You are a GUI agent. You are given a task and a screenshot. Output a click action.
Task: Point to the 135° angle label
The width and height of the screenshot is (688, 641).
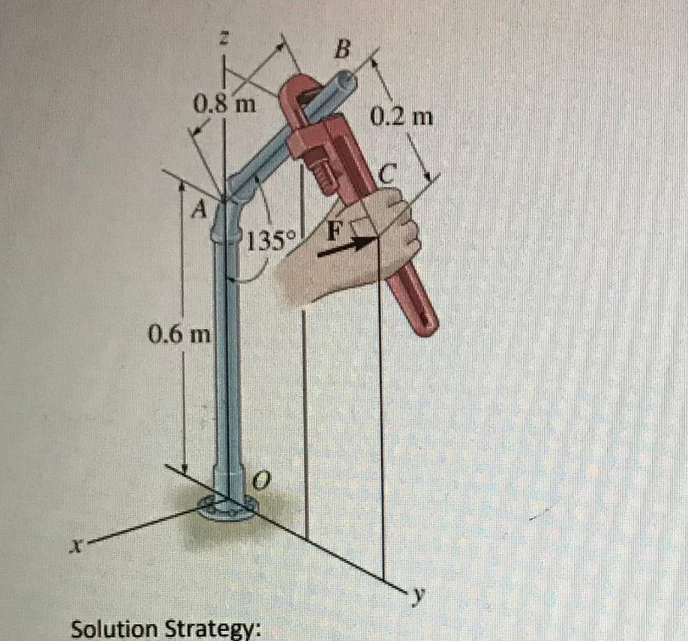(x=267, y=239)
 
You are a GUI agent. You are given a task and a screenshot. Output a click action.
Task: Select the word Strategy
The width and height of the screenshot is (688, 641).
(x=214, y=630)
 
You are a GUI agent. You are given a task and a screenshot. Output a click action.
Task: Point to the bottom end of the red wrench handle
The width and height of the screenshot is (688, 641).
(x=426, y=323)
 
